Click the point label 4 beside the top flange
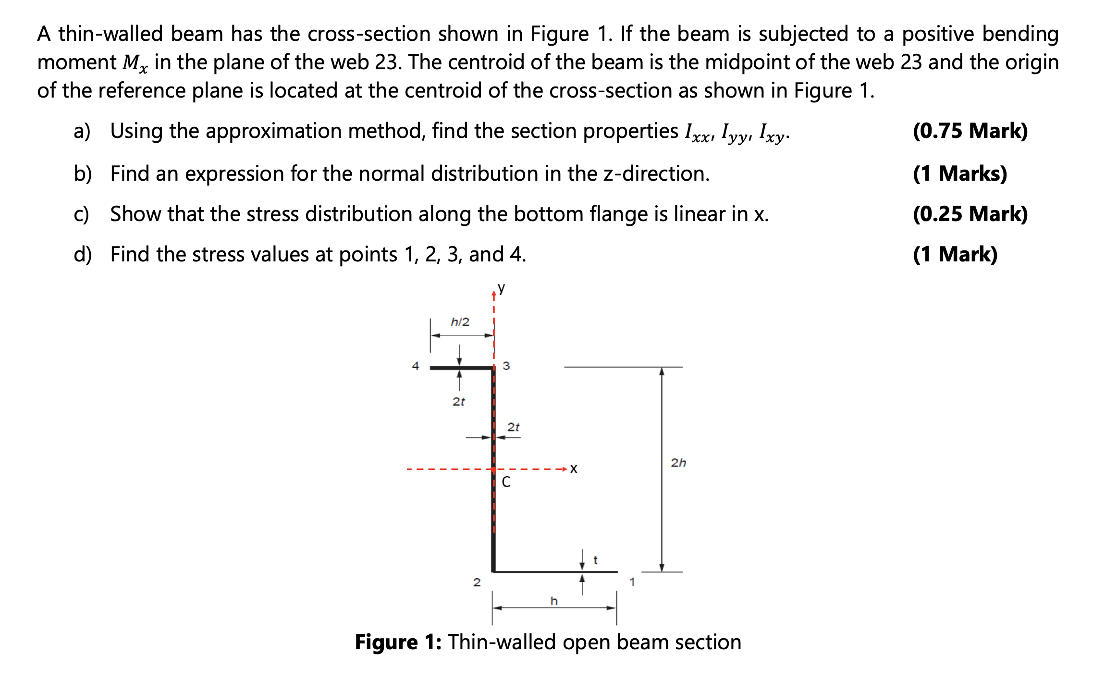pyautogui.click(x=416, y=366)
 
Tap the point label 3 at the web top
pyautogui.click(x=506, y=366)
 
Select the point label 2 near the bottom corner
pyautogui.click(x=477, y=582)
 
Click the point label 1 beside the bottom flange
pyautogui.click(x=632, y=582)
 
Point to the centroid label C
pyautogui.click(x=506, y=482)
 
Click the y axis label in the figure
pyautogui.click(x=502, y=288)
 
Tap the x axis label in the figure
pyautogui.click(x=574, y=469)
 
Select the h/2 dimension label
pyautogui.click(x=460, y=322)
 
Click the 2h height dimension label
pyautogui.click(x=678, y=463)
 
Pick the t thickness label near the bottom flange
pyautogui.click(x=596, y=560)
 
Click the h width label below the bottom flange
pyautogui.click(x=554, y=601)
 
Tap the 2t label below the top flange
pyautogui.click(x=459, y=401)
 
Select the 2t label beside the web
pyautogui.click(x=514, y=427)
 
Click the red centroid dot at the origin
pyautogui.click(x=493, y=469)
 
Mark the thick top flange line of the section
pyautogui.click(x=461, y=368)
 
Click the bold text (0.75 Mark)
pyautogui.click(x=970, y=131)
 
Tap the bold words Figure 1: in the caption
pyautogui.click(x=398, y=642)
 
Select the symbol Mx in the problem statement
pyautogui.click(x=135, y=63)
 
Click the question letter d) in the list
pyautogui.click(x=83, y=254)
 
